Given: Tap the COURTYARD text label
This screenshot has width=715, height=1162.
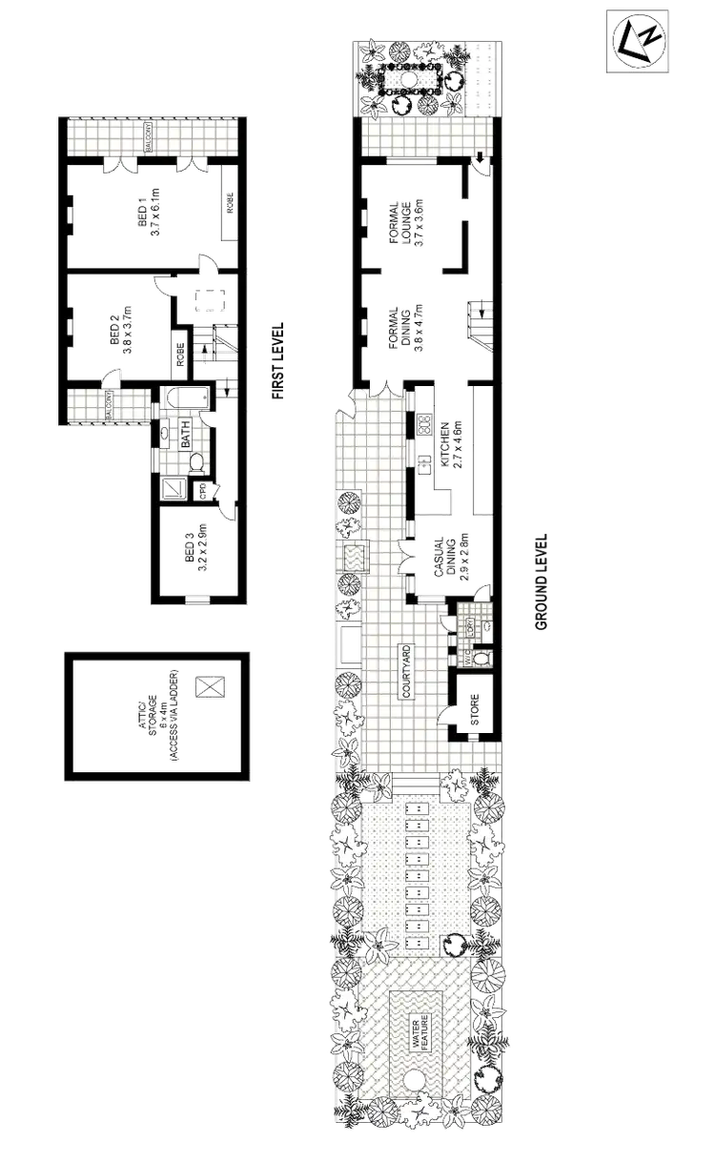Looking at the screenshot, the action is (x=408, y=673).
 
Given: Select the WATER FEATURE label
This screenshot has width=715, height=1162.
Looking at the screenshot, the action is (x=420, y=1032).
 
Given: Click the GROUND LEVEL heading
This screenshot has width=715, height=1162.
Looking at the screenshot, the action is (x=541, y=580).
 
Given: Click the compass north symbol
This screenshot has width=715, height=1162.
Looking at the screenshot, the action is (x=637, y=42).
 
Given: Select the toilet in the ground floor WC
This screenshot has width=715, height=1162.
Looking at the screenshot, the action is (x=480, y=658).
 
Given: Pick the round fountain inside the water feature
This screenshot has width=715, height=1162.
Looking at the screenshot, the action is (x=415, y=1081).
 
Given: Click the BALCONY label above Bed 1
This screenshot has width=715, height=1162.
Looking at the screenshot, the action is (x=149, y=133).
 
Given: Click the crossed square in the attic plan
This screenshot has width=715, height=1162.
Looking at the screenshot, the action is (x=210, y=685).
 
